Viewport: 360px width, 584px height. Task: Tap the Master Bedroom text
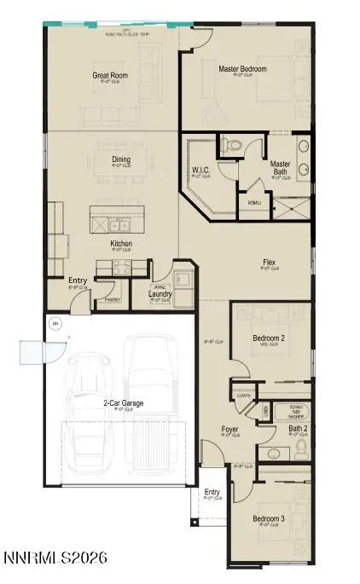coord(242,69)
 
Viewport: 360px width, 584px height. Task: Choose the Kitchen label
coord(120,244)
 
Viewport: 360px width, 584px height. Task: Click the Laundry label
coord(161,295)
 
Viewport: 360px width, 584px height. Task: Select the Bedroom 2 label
coord(270,338)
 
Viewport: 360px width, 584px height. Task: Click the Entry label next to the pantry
coord(78,280)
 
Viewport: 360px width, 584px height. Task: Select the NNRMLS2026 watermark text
coord(55,559)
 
